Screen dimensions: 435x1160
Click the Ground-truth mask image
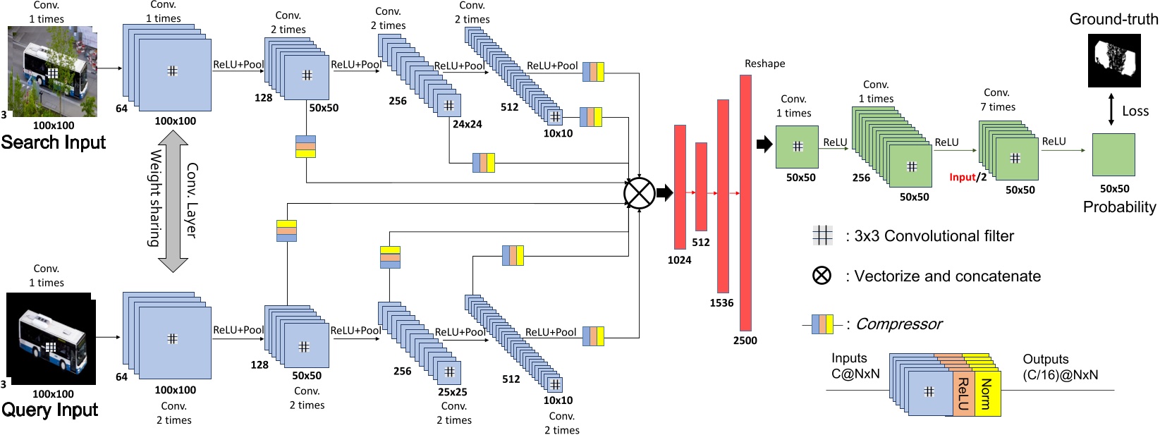1113,60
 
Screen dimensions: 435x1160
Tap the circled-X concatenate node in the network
639,193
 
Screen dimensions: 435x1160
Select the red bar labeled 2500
745,202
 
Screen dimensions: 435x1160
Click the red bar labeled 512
701,186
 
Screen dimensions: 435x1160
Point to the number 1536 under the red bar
721,303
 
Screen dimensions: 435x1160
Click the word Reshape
764,63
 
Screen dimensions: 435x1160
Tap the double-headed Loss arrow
1111,110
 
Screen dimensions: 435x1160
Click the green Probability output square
1113,154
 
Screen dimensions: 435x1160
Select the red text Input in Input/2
962,178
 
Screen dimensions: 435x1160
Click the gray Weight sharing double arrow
173,201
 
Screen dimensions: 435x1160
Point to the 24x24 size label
467,124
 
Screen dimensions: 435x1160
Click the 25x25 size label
452,392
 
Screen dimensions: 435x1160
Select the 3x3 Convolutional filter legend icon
822,235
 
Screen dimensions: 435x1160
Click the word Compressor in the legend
898,324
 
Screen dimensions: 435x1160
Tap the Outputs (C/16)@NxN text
1060,367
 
